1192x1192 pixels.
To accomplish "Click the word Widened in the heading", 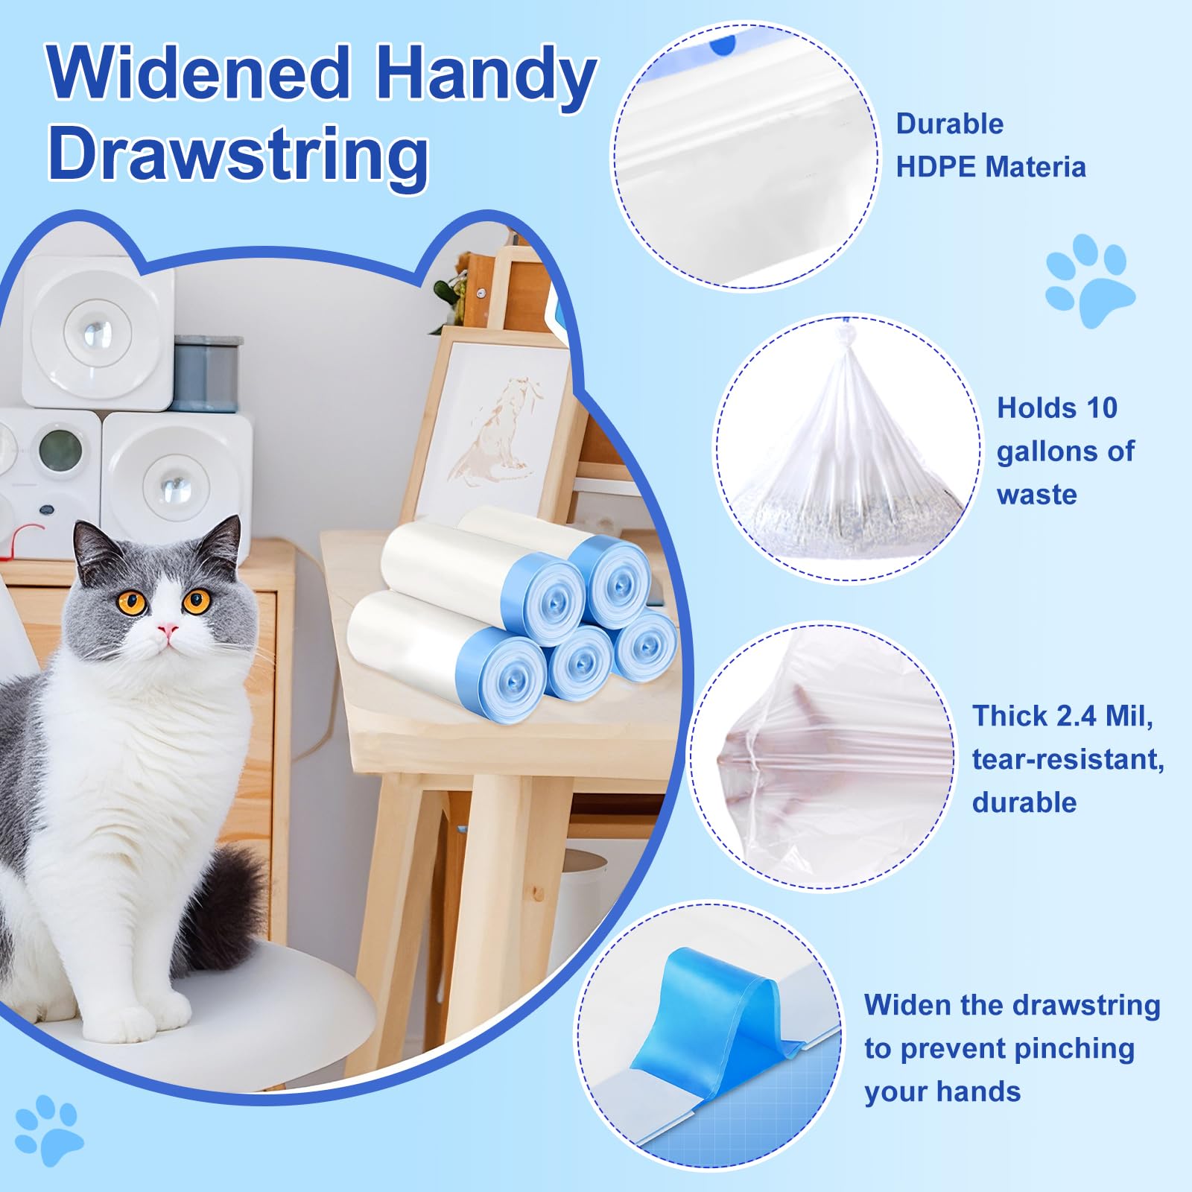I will coord(198,73).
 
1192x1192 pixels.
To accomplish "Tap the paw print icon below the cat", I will coord(49,1128).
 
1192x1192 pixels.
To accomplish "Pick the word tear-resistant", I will coord(1067,759).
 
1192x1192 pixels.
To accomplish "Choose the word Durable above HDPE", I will coord(949,124).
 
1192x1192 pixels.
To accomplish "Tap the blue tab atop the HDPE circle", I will coord(723,45).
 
